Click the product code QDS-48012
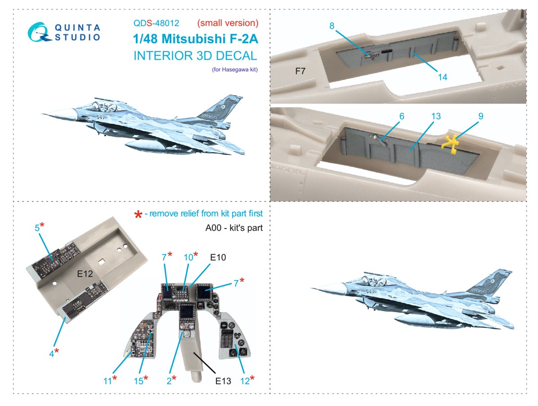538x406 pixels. click(156, 23)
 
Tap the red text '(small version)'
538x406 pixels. click(228, 23)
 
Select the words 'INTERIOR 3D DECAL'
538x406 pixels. click(195, 56)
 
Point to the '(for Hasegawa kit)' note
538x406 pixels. click(235, 70)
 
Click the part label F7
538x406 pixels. click(300, 71)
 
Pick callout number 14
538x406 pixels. click(443, 77)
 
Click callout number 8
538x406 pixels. click(332, 26)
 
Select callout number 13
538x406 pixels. click(436, 116)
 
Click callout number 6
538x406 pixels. click(402, 116)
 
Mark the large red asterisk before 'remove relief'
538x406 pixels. click(138, 215)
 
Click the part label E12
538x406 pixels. click(85, 274)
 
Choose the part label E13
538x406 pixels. click(223, 381)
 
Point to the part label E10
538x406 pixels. click(218, 257)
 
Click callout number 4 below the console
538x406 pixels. click(51, 353)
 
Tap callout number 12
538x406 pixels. click(245, 381)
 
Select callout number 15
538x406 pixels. click(138, 381)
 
